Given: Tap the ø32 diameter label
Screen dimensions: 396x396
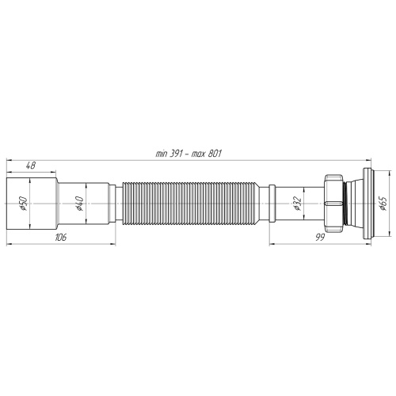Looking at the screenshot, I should click(295, 204).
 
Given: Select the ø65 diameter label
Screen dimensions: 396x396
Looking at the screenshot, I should click(382, 204).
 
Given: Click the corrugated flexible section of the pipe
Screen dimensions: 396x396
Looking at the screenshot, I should click(191, 205).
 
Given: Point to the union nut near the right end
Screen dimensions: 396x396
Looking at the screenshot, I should click(336, 205).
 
